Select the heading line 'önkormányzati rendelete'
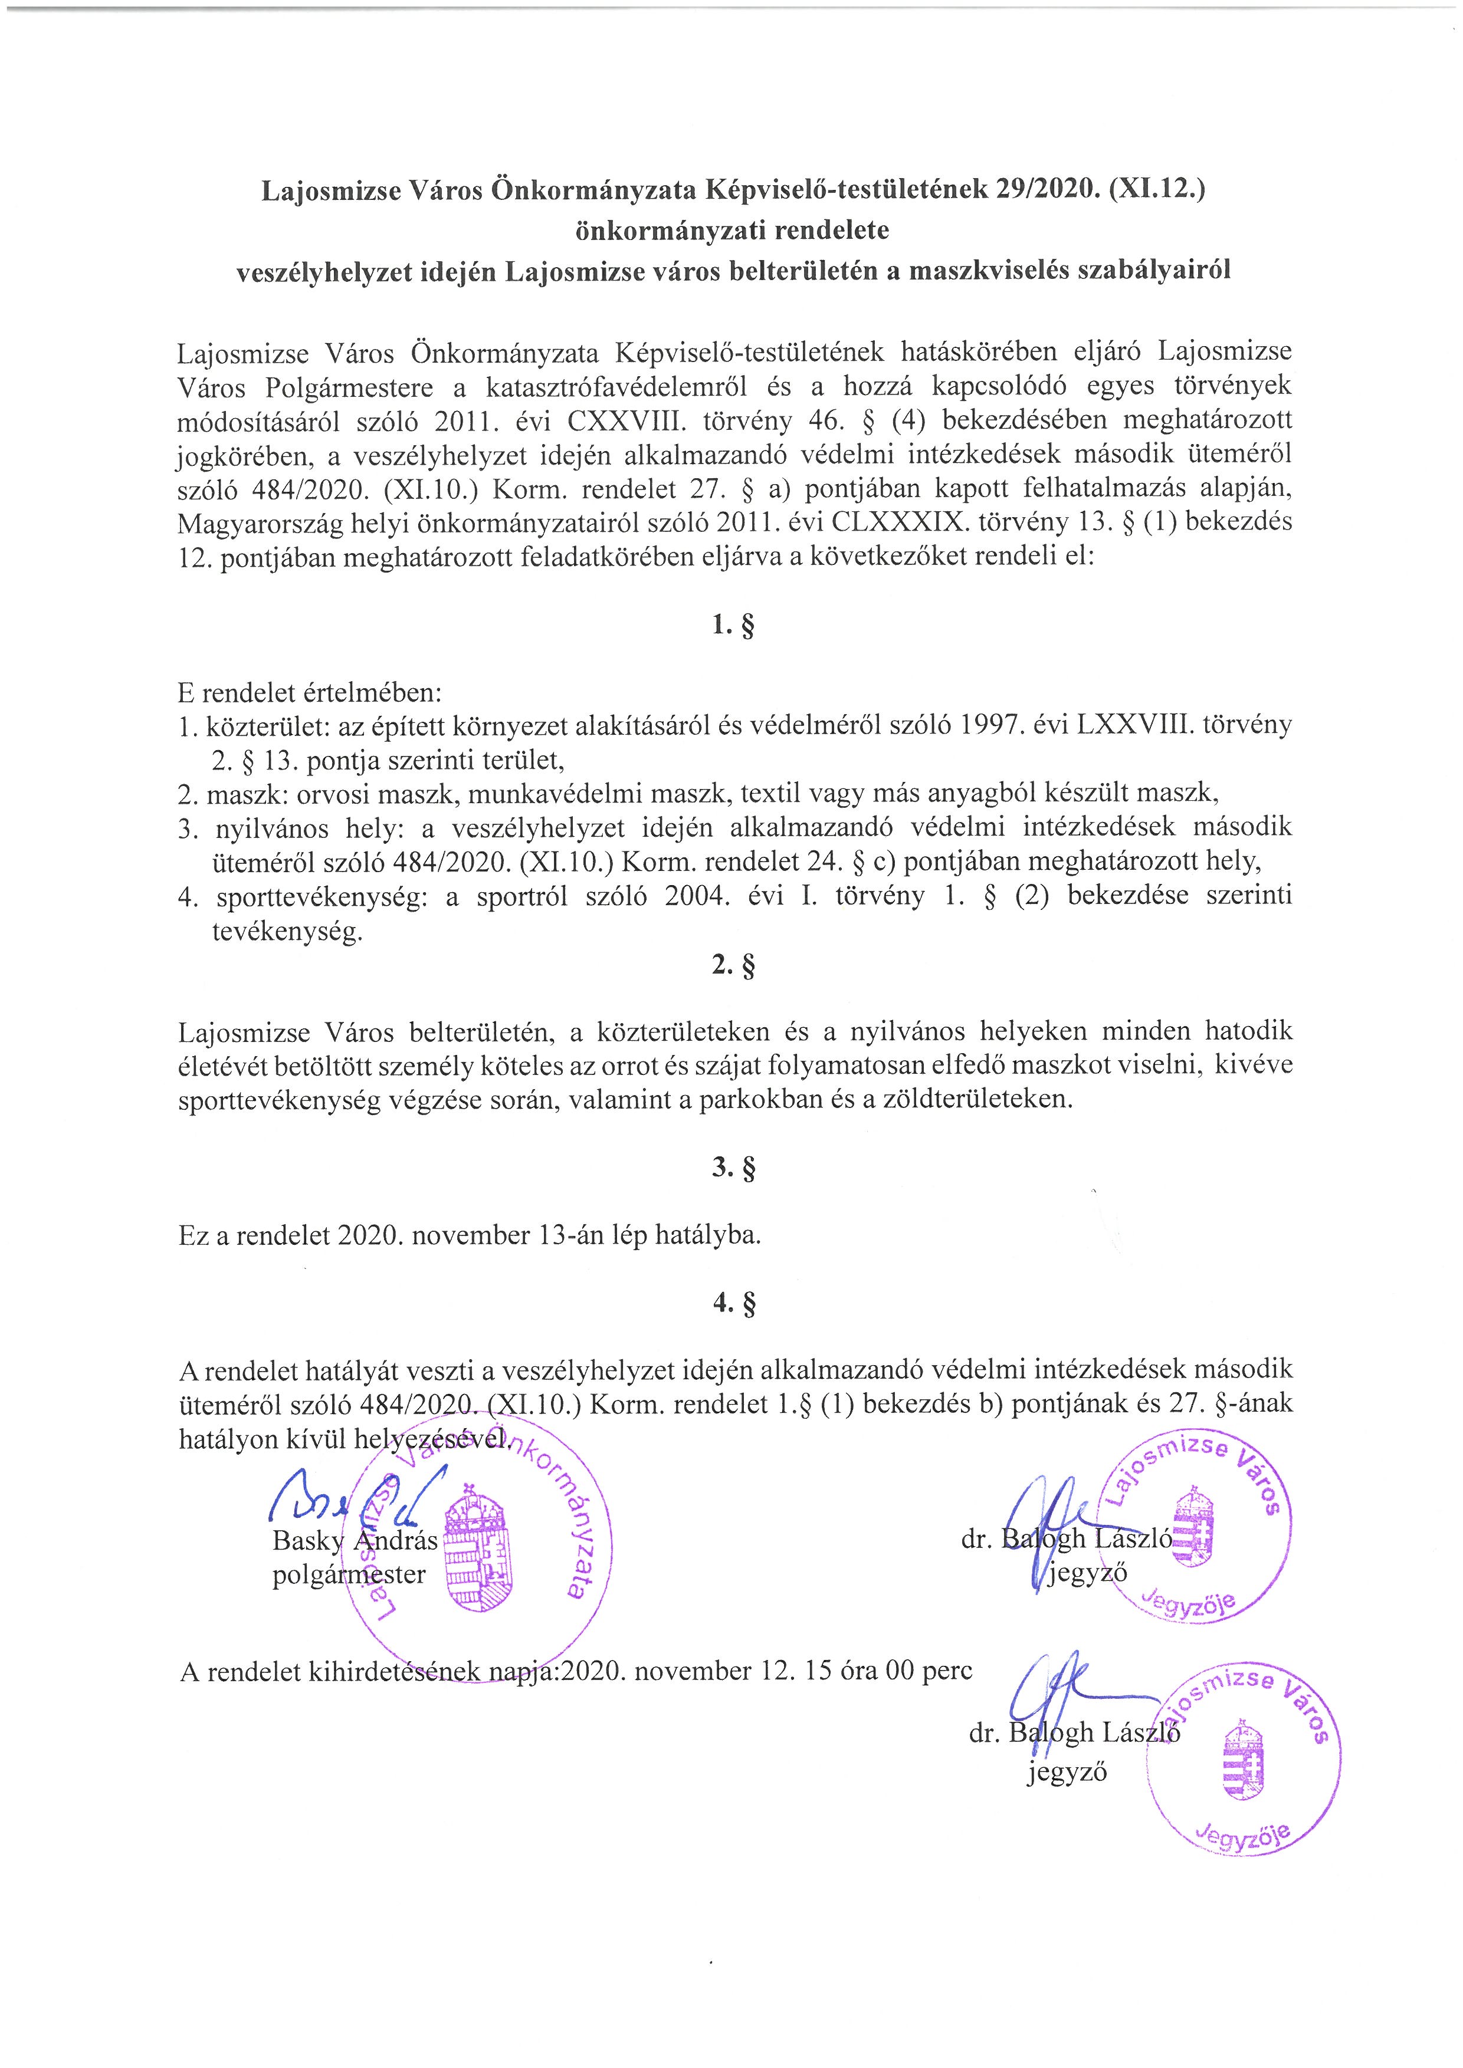[x=731, y=231]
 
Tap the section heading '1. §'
[x=731, y=625]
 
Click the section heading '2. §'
[x=731, y=965]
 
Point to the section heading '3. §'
[x=731, y=1168]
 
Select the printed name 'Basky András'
[x=354, y=1540]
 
